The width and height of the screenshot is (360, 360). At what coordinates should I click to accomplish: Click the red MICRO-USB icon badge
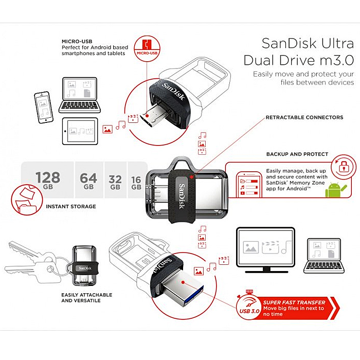click(147, 46)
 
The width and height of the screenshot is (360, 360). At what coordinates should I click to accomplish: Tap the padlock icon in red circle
click(344, 165)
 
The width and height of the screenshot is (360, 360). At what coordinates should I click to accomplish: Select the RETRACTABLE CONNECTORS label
click(304, 117)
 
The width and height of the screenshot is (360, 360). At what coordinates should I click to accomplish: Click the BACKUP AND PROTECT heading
click(297, 154)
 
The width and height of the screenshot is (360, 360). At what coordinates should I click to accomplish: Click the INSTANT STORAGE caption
click(71, 206)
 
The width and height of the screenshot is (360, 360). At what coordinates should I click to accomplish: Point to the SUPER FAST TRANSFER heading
click(294, 302)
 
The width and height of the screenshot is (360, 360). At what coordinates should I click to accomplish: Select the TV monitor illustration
click(265, 249)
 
